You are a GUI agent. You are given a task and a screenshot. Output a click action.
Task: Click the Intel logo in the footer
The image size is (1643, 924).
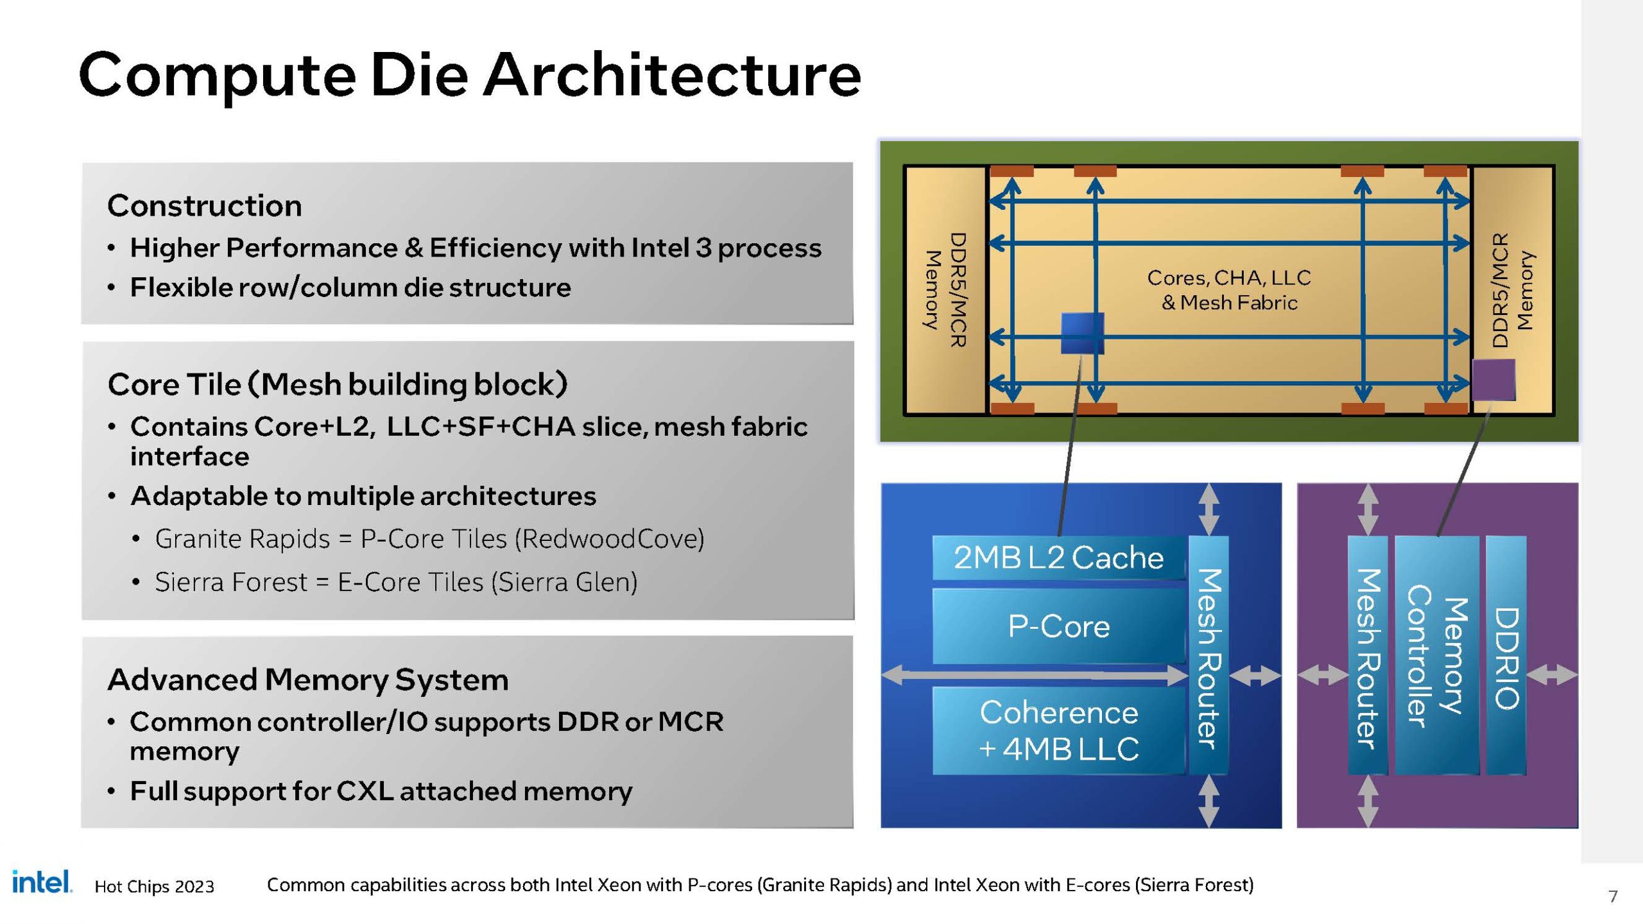click(x=42, y=882)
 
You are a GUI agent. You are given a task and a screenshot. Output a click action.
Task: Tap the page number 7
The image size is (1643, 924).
click(x=1613, y=896)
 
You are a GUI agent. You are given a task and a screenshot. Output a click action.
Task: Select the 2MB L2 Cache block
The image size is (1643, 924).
click(x=1058, y=558)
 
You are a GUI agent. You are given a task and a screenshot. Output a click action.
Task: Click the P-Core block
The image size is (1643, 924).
click(x=1058, y=626)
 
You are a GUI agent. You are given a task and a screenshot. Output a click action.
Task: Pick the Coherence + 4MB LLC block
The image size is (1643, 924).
click(x=1058, y=730)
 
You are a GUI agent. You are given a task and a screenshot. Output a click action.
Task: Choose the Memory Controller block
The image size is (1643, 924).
click(x=1436, y=656)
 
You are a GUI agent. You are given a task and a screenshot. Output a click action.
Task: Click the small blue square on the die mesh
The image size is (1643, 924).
click(x=1082, y=333)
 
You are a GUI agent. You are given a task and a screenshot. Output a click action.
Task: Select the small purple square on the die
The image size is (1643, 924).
click(x=1493, y=380)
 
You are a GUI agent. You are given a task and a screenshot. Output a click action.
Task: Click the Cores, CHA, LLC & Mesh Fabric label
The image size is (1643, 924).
click(x=1229, y=290)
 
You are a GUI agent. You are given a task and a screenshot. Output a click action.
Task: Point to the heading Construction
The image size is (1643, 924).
click(x=204, y=206)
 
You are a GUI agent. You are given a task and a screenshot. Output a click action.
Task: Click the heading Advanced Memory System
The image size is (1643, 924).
click(x=307, y=680)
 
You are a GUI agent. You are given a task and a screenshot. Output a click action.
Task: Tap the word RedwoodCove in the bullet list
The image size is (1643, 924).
click(x=608, y=539)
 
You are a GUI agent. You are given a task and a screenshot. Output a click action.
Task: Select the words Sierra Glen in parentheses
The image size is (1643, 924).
click(x=564, y=583)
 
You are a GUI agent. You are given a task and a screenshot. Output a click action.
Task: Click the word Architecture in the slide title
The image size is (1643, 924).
click(x=671, y=76)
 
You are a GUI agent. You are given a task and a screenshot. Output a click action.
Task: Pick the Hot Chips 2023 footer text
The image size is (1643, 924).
click(x=154, y=887)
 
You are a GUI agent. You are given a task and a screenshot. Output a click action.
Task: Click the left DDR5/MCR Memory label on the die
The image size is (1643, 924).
click(x=945, y=290)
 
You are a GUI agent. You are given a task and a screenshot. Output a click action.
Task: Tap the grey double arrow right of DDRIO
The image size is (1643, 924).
click(x=1552, y=675)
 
